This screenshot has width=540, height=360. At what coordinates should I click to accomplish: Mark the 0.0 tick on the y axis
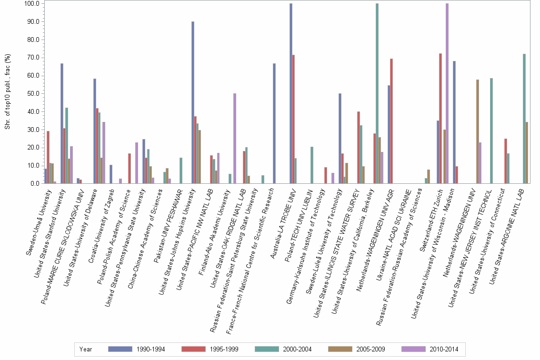(x=35, y=183)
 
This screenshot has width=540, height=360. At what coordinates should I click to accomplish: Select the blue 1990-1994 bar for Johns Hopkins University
(x=192, y=102)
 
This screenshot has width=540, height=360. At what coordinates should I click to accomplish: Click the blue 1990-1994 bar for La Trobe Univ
(x=290, y=93)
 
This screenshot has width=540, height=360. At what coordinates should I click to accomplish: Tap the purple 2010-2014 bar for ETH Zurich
(x=447, y=93)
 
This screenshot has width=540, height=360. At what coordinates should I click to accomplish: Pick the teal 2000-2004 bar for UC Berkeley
(x=377, y=93)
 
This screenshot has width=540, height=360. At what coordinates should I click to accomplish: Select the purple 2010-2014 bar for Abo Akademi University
(x=235, y=139)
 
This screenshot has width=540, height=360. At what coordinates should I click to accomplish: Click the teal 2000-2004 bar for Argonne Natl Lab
(x=524, y=119)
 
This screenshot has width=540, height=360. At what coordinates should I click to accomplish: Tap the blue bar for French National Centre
(x=274, y=123)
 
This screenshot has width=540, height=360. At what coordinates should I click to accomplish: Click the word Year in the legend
(x=86, y=349)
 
